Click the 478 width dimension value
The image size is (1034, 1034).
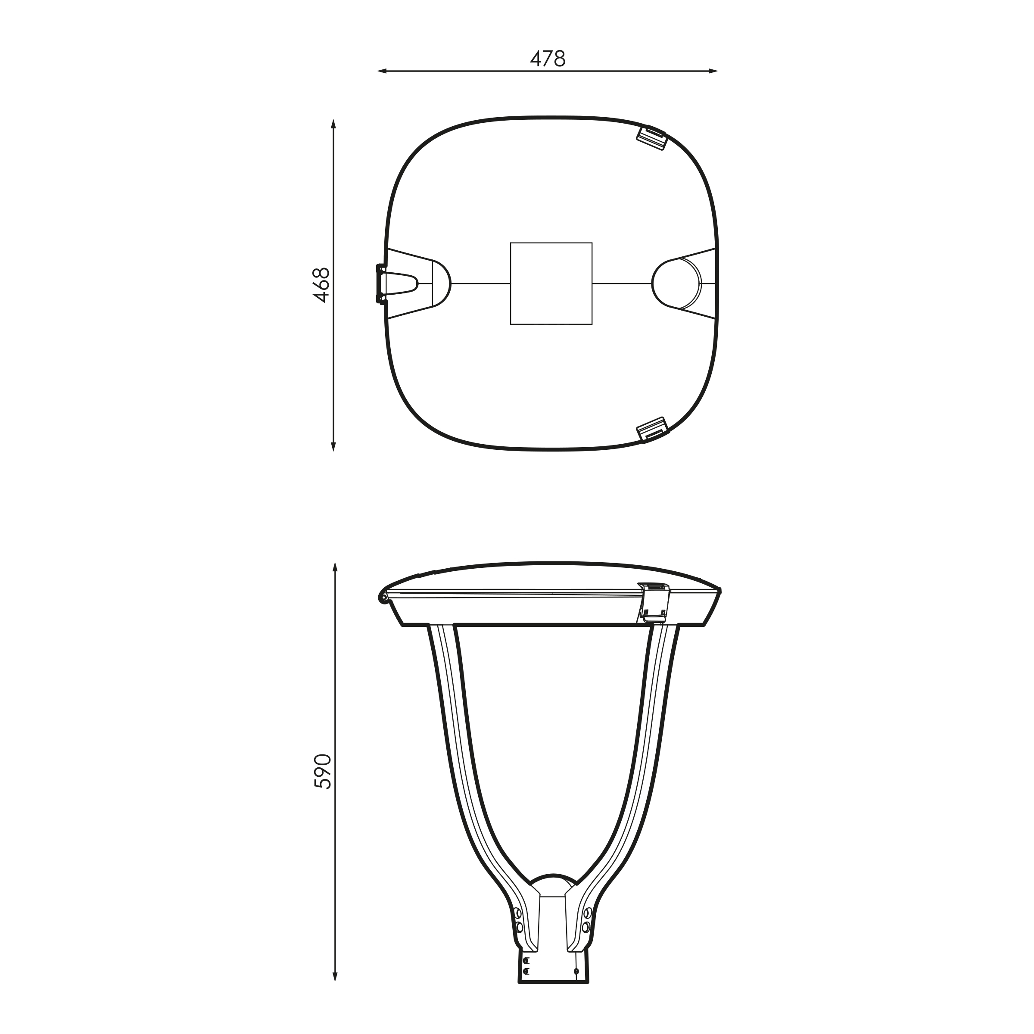pyautogui.click(x=548, y=59)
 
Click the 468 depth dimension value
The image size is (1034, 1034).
pyautogui.click(x=322, y=285)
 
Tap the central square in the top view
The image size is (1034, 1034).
pyautogui.click(x=551, y=283)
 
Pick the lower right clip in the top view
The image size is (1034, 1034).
pyautogui.click(x=652, y=430)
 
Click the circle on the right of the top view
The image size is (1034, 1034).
pyautogui.click(x=676, y=283)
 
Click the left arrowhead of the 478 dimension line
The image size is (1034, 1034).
pyautogui.click(x=382, y=71)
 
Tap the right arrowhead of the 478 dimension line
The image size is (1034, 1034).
pyautogui.click(x=713, y=71)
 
